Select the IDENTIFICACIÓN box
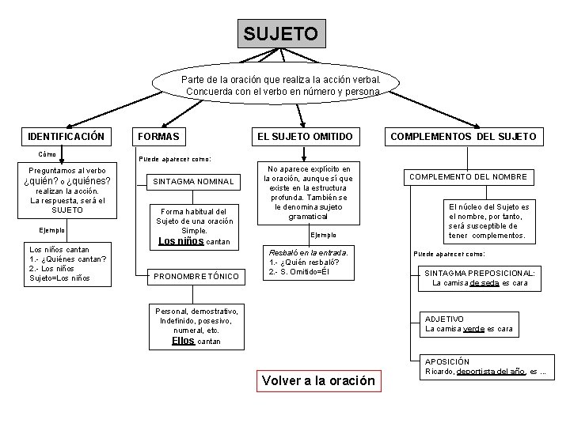click(x=66, y=137)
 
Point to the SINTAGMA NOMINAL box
click(x=193, y=181)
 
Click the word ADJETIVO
click(x=445, y=319)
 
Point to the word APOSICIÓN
click(x=447, y=361)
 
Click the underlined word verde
click(x=472, y=328)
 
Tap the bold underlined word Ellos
click(x=182, y=342)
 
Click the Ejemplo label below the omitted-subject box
click(x=322, y=235)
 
